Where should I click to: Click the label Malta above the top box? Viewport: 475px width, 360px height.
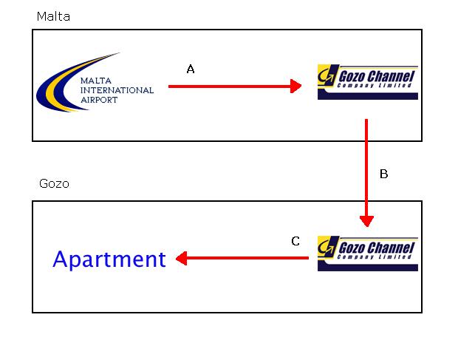[53, 16]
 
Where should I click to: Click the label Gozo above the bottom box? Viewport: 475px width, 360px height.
[53, 183]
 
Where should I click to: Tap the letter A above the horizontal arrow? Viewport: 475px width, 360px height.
[190, 69]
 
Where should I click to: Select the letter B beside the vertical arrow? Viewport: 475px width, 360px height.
[383, 174]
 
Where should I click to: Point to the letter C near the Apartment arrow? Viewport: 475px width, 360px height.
[295, 241]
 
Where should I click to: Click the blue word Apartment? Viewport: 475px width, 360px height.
[109, 259]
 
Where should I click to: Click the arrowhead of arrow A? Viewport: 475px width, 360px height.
[295, 86]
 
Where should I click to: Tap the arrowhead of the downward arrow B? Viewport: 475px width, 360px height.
[366, 220]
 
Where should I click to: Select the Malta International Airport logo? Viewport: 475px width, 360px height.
[95, 82]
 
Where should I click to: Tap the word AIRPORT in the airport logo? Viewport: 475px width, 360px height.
[99, 100]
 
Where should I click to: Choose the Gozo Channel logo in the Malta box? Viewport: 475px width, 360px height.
[367, 82]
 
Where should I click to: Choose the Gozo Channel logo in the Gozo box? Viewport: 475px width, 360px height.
[367, 254]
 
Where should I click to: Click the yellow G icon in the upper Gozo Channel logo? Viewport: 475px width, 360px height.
[326, 75]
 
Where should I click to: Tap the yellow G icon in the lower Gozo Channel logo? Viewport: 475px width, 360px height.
[326, 247]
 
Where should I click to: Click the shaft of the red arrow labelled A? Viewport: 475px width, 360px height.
[229, 86]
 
